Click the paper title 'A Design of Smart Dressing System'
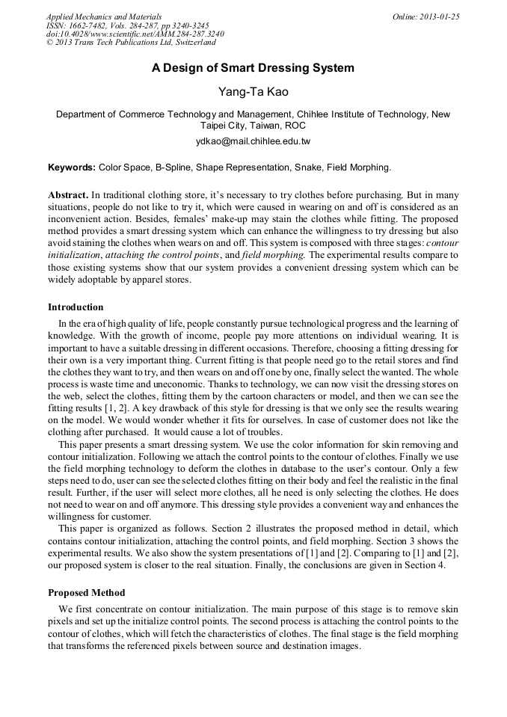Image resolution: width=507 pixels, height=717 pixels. [x=253, y=68]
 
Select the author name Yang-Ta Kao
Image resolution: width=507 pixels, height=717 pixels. [x=253, y=92]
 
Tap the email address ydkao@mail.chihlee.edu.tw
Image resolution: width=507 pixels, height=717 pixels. [x=253, y=141]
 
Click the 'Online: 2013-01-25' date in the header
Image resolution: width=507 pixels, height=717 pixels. [x=425, y=16]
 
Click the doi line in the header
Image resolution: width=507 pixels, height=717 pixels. [x=135, y=34]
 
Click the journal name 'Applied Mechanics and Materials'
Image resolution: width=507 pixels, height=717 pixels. [x=104, y=16]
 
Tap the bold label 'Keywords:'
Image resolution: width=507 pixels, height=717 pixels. [x=72, y=167]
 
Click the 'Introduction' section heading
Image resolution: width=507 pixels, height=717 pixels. [x=76, y=307]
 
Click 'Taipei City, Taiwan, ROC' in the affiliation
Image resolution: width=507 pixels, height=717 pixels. [x=253, y=126]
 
